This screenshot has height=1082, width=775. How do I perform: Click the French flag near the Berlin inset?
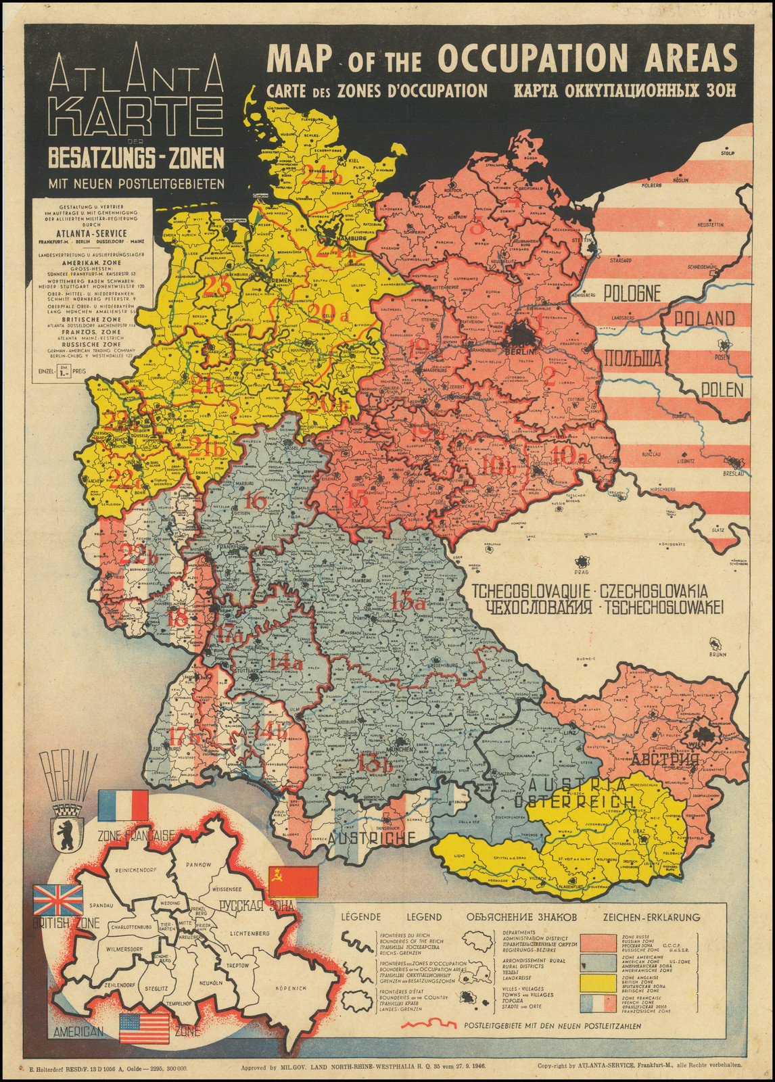pos(122,806)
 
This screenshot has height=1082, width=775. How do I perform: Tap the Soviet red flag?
pos(293,881)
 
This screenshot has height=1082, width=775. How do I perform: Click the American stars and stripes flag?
pos(144,1028)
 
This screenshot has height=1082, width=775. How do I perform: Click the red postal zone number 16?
pos(255,502)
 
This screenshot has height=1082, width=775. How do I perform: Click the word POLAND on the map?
pos(702,318)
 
